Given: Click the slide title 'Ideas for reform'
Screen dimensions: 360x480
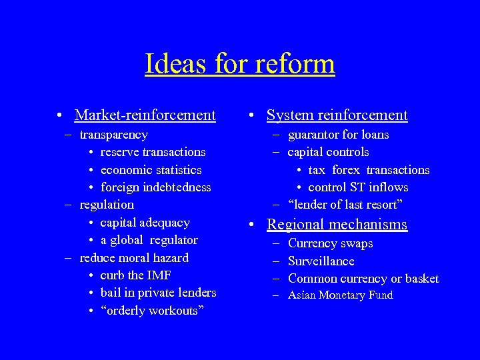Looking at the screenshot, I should click(240, 65).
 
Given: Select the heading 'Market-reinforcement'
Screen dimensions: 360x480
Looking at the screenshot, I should click(145, 115).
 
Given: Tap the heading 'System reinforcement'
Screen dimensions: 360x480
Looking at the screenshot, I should click(337, 115).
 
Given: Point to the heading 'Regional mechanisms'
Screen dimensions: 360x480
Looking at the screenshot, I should click(337, 225).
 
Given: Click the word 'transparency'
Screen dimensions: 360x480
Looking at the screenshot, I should click(113, 135).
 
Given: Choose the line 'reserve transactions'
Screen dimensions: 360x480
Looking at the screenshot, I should click(153, 153).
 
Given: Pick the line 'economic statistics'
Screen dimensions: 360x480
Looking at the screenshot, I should click(151, 170).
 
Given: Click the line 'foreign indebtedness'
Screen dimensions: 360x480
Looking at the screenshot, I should click(155, 187).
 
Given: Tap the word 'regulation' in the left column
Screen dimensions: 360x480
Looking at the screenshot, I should click(107, 205).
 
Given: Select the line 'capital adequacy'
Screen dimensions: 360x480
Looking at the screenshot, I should click(145, 223).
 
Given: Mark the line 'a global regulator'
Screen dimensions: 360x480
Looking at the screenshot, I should click(149, 240).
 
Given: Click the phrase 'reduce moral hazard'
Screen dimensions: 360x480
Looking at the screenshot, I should click(134, 258).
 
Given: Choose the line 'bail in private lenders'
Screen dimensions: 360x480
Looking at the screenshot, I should click(158, 293).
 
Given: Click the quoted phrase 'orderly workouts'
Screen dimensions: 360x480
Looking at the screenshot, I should click(152, 311).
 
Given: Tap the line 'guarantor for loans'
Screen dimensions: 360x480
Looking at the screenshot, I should click(338, 135).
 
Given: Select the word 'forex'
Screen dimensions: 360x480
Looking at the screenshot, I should click(346, 170).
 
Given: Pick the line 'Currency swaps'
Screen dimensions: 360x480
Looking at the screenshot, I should click(330, 244).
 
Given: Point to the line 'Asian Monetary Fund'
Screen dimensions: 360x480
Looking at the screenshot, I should click(340, 295).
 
